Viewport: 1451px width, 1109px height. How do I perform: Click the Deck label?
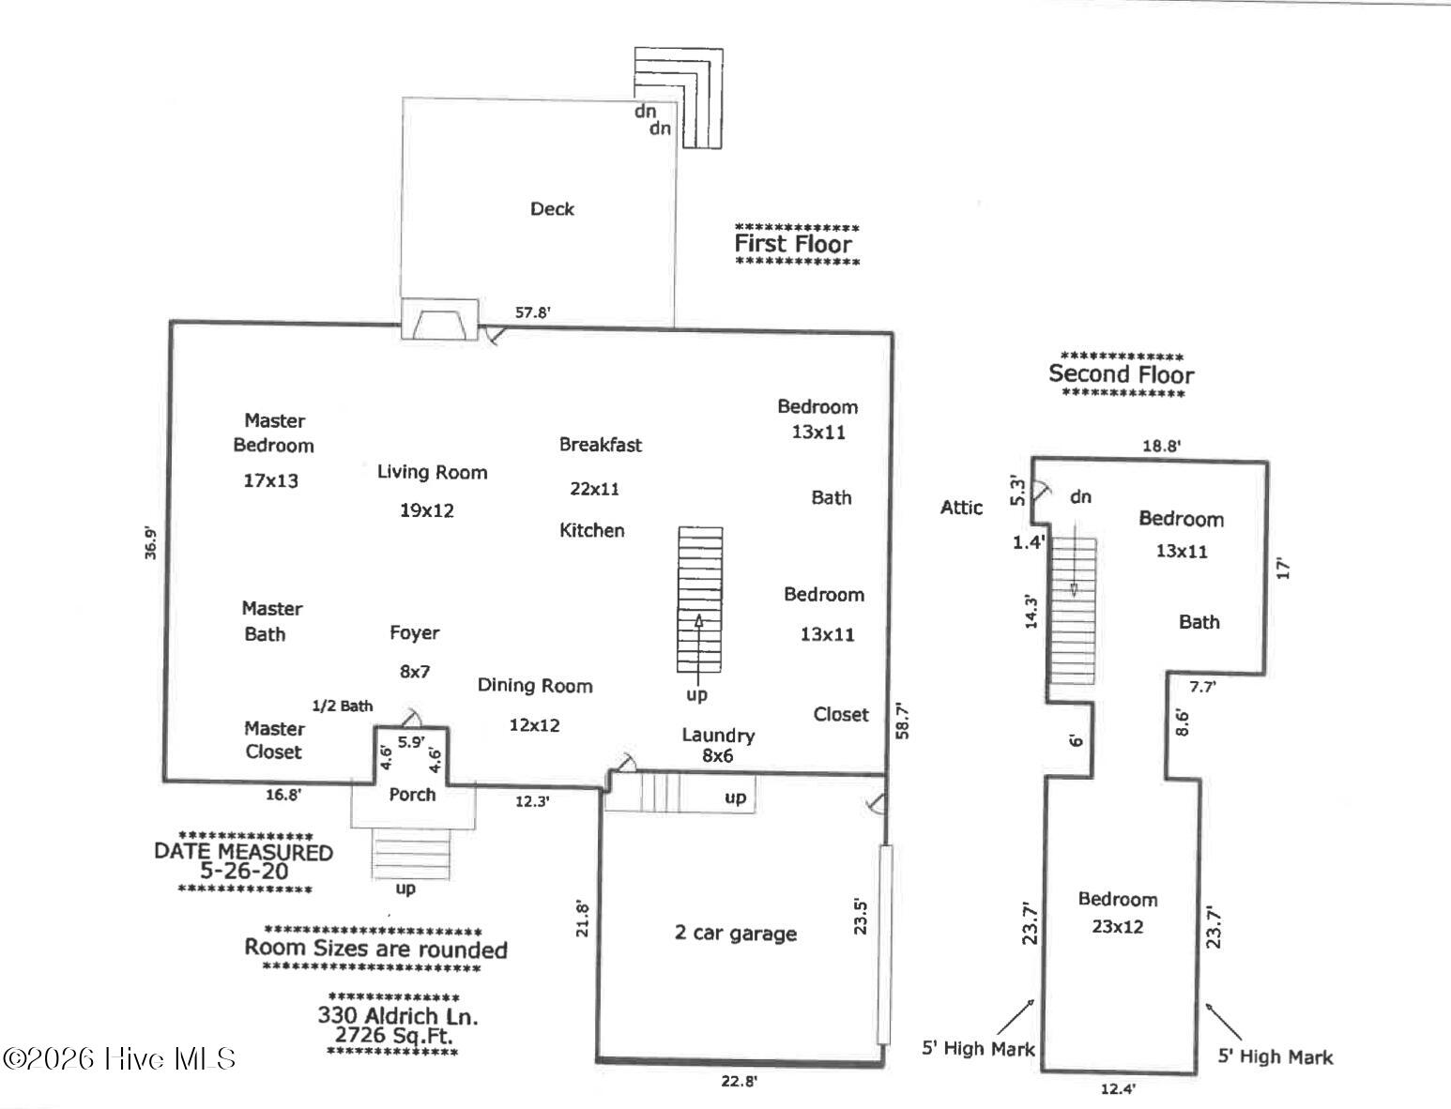tap(552, 209)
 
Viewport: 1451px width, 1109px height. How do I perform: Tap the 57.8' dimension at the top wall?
tap(533, 312)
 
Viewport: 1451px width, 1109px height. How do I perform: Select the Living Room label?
tap(433, 472)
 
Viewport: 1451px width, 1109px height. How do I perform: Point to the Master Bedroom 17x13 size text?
tap(271, 481)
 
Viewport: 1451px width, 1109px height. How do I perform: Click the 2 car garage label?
tap(736, 934)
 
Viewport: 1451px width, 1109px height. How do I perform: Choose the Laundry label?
tap(719, 736)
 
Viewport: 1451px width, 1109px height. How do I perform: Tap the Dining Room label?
tap(535, 686)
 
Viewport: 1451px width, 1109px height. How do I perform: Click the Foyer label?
tap(415, 632)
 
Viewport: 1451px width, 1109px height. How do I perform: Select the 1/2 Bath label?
tap(343, 706)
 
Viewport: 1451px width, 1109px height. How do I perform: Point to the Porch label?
tap(413, 795)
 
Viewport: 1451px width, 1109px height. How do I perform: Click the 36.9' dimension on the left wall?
tap(151, 543)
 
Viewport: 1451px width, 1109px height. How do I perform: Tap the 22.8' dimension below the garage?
tap(739, 1081)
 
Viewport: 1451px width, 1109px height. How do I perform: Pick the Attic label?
tap(961, 508)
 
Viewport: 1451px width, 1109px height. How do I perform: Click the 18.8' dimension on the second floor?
tap(1162, 446)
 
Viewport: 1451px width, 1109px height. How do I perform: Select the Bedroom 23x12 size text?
tap(1117, 927)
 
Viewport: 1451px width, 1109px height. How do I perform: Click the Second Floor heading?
tap(1122, 374)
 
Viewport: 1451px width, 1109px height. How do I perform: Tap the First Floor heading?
tap(793, 244)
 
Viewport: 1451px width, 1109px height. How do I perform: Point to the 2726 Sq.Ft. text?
tap(394, 1035)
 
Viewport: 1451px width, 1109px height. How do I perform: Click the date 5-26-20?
tap(245, 871)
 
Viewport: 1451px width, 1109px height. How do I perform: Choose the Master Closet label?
tap(274, 740)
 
